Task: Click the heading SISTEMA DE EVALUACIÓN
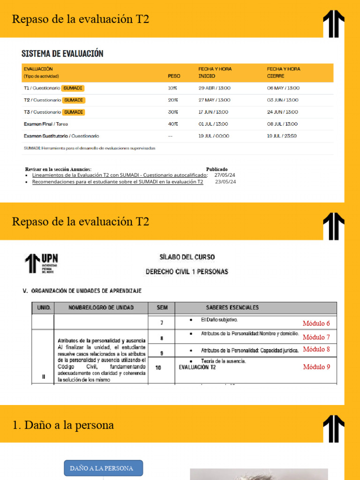(x=62, y=53)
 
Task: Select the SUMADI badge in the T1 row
(x=73, y=88)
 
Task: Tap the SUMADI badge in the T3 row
(x=74, y=112)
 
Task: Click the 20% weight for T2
(x=173, y=100)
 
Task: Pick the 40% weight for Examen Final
(x=173, y=124)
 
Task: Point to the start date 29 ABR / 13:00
(x=214, y=88)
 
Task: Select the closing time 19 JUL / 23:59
(x=282, y=136)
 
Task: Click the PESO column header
(x=174, y=76)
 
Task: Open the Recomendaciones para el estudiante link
(x=118, y=182)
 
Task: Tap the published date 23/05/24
(x=225, y=182)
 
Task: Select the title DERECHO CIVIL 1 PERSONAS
(x=187, y=272)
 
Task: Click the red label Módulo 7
(x=316, y=337)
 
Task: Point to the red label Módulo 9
(x=316, y=367)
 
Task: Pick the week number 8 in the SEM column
(x=162, y=338)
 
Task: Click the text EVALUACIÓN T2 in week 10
(x=197, y=367)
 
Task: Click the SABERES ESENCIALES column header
(x=232, y=307)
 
